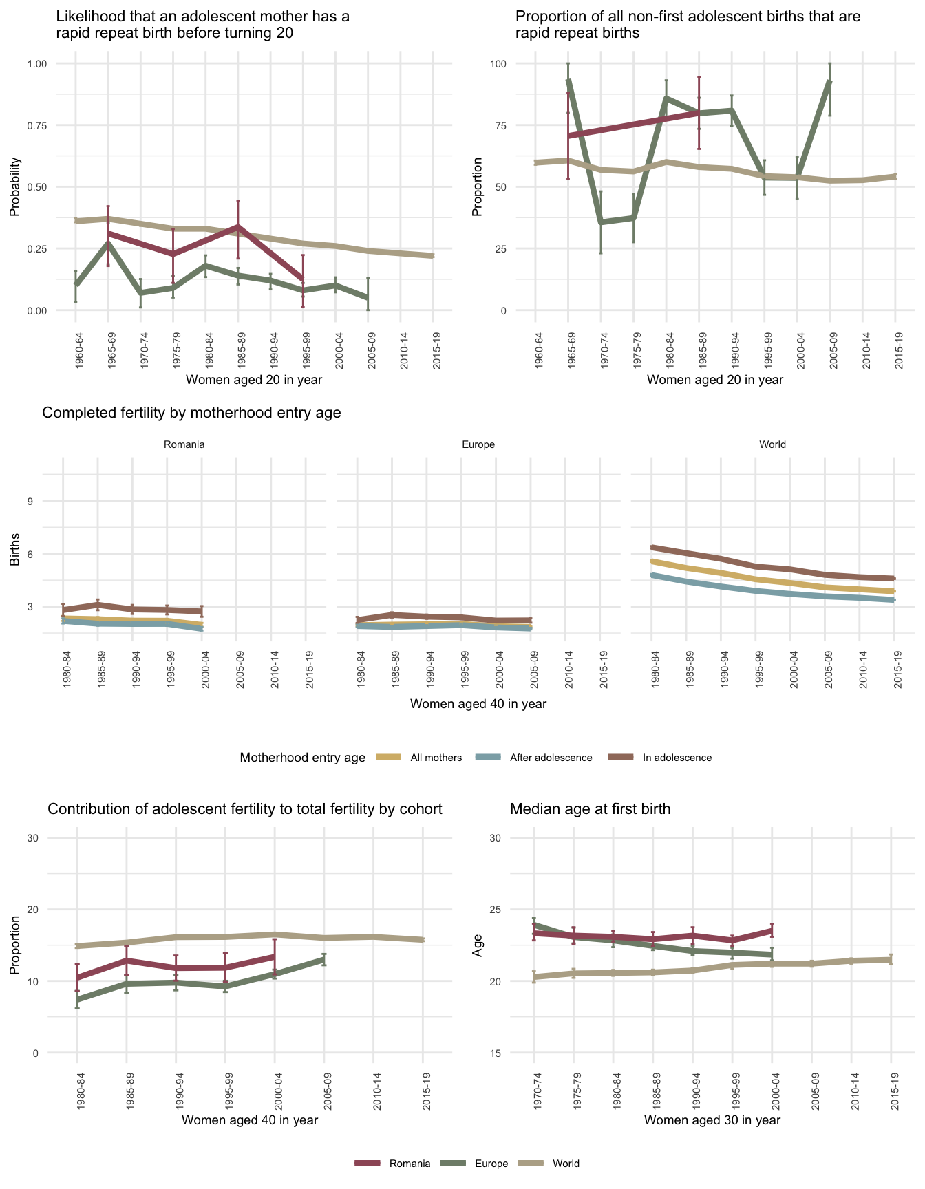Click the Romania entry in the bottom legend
(410, 1164)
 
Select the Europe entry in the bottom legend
(491, 1164)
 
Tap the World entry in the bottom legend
(566, 1164)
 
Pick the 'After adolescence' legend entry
(551, 758)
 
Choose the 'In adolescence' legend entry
(677, 758)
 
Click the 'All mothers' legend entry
(436, 758)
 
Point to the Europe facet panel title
(478, 444)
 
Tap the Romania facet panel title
(184, 444)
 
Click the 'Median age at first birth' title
(590, 809)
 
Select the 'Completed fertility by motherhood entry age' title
(191, 413)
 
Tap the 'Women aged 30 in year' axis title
(712, 1120)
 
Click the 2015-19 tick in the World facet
(897, 665)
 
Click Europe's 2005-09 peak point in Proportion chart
(830, 81)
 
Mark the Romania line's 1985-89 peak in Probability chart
(237, 226)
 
